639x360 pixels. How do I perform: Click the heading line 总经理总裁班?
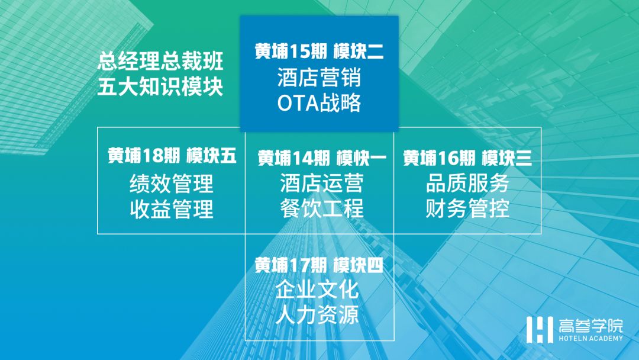click(160, 61)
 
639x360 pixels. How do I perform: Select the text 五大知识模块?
click(160, 86)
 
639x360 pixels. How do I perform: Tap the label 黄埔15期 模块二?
click(319, 52)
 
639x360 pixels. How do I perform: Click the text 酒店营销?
click(319, 78)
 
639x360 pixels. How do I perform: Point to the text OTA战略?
click(319, 103)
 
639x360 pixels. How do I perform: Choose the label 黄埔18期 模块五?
click(172, 156)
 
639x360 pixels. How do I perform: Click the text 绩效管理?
click(172, 184)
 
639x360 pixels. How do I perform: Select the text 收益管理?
click(172, 209)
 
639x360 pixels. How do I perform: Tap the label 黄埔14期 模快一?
click(322, 158)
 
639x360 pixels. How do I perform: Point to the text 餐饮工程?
click(321, 208)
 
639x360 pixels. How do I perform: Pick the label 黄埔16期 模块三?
click(467, 158)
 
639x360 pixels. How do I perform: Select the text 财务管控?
click(467, 208)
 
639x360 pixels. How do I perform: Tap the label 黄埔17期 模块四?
click(319, 265)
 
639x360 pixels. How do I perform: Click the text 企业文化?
click(317, 290)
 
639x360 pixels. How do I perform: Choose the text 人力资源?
click(317, 315)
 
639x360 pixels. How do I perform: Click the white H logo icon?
click(540, 329)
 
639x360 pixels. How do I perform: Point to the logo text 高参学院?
click(591, 326)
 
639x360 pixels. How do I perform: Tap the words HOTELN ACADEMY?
click(591, 339)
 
